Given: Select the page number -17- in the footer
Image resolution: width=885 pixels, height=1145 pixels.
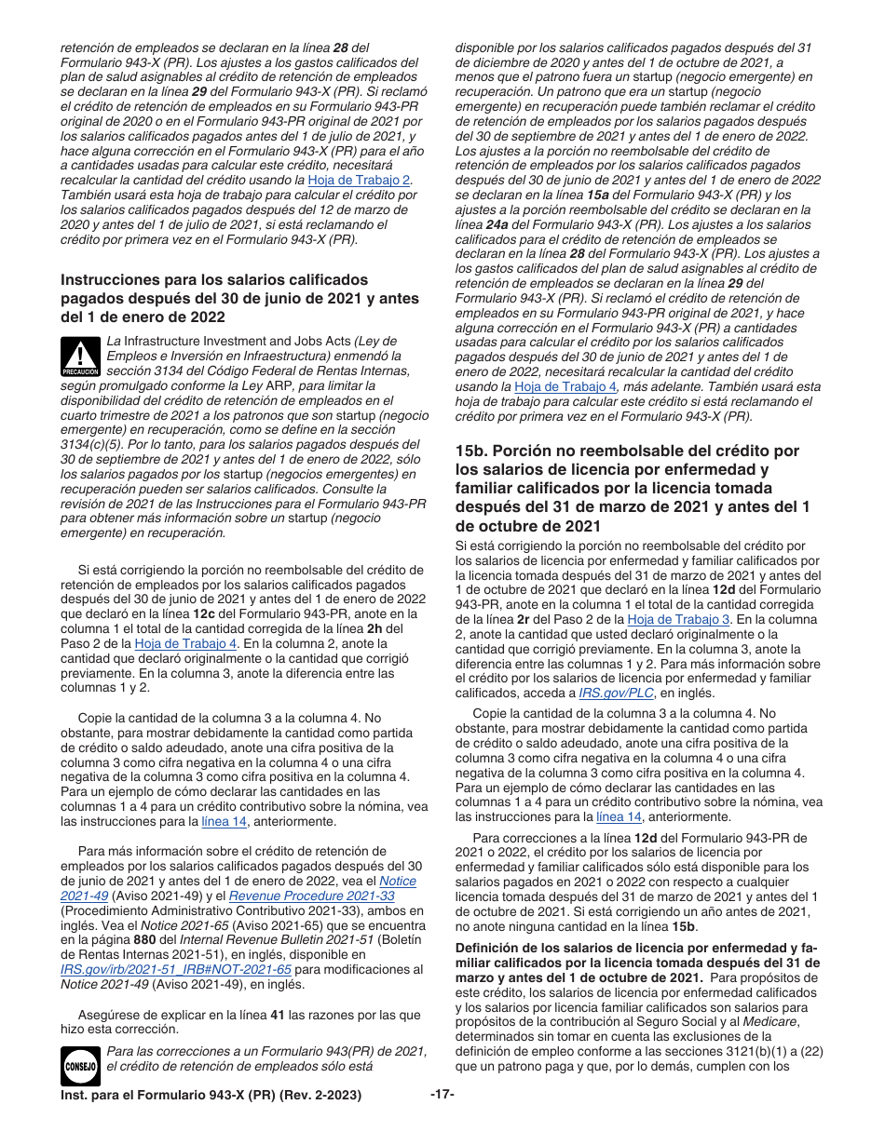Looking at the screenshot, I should click(442, 1094).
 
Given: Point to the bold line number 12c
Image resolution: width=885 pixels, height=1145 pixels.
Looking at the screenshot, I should click(204, 613).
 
